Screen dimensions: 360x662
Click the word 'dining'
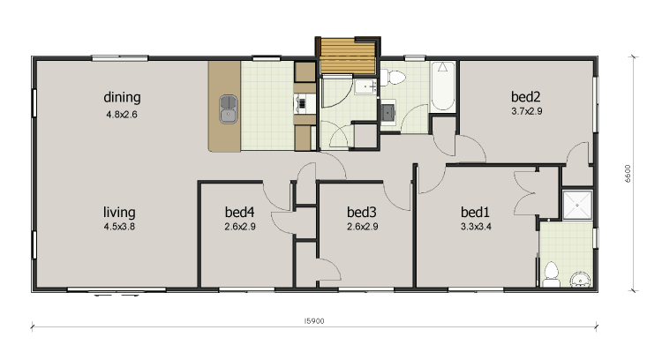coord(122,97)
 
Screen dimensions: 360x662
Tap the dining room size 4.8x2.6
coord(122,113)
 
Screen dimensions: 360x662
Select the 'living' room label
coord(119,212)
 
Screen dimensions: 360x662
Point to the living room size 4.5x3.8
coord(119,227)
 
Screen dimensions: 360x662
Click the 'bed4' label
coord(239,212)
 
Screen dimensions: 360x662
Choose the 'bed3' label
coord(362,212)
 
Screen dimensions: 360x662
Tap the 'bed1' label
coord(475,212)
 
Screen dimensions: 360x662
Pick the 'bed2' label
coord(525,96)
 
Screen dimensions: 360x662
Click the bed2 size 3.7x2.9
coord(525,111)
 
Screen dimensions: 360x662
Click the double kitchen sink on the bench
coord(229,107)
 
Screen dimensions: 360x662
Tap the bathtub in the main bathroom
coord(442,86)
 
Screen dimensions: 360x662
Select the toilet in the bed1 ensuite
coord(552,274)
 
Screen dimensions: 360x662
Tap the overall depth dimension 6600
coord(628,173)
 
